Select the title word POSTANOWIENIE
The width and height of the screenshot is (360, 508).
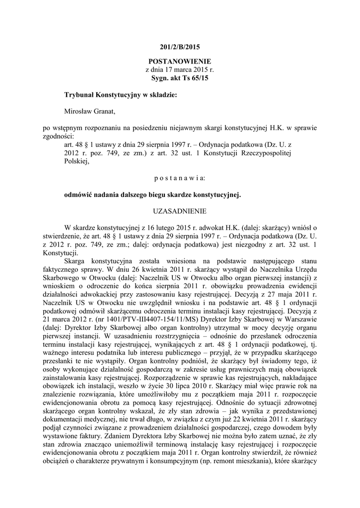pyautogui.click(x=179, y=62)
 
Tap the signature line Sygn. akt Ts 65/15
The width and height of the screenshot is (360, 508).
pyautogui.click(x=179, y=78)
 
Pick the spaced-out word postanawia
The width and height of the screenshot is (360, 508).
pyautogui.click(x=179, y=177)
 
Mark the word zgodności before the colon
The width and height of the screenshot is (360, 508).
pyautogui.click(x=58, y=135)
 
